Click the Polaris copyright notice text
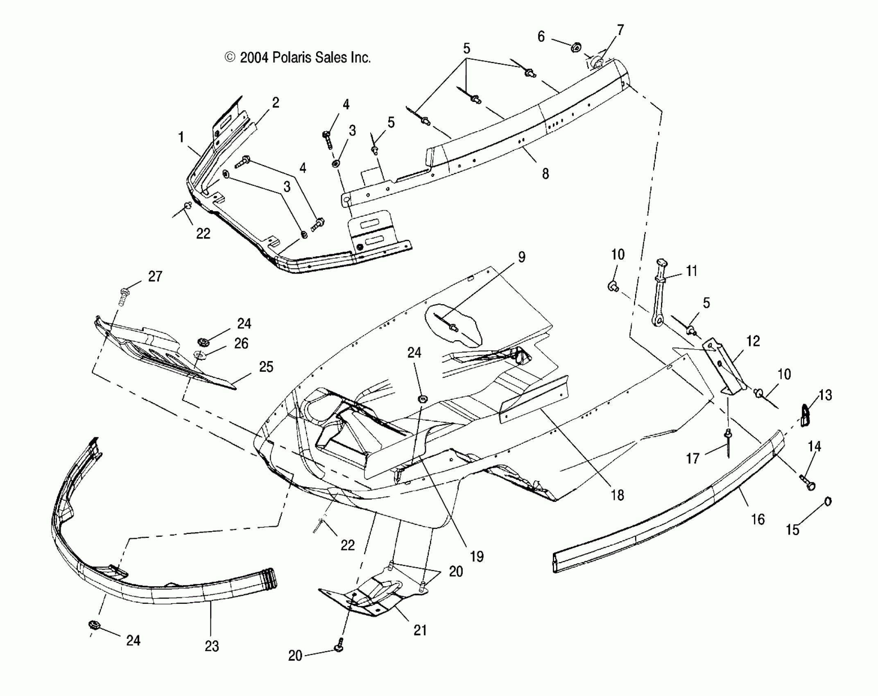[x=298, y=58]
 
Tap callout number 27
[x=155, y=276]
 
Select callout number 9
[x=521, y=257]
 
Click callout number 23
[x=212, y=646]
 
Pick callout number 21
[x=420, y=630]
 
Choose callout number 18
[x=618, y=495]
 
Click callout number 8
[x=545, y=174]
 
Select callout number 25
[x=266, y=366]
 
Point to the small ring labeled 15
[x=827, y=501]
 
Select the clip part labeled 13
[x=806, y=415]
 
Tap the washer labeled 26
[x=199, y=354]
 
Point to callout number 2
[x=276, y=102]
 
